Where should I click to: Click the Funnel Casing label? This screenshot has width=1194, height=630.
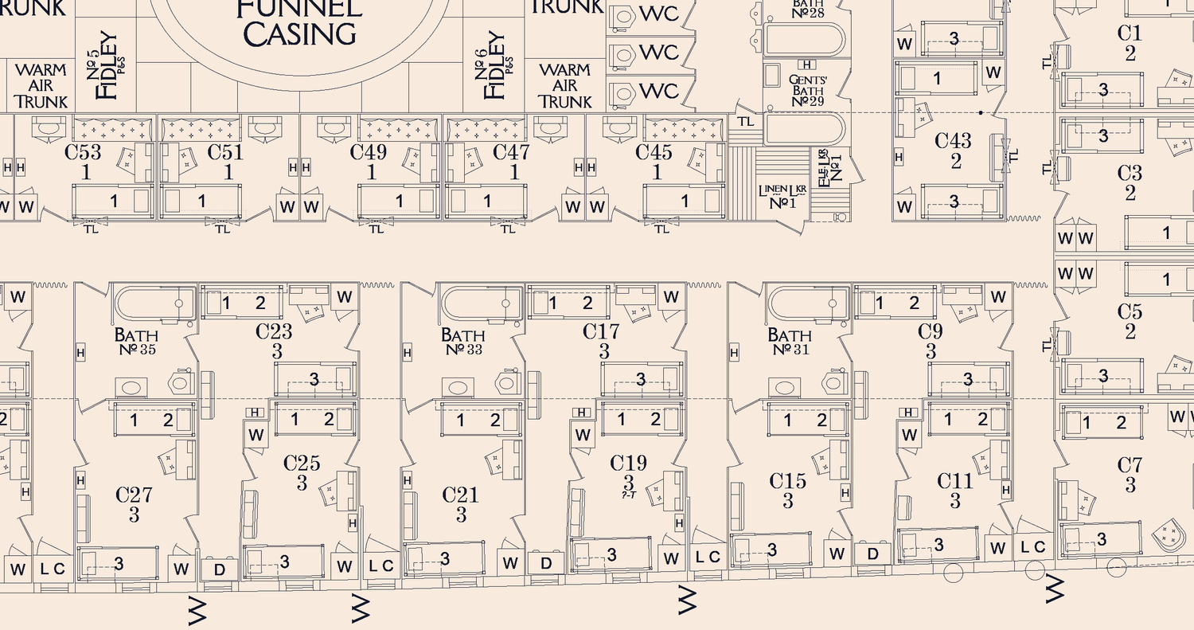[299, 22]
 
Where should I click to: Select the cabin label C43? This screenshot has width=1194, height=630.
[953, 141]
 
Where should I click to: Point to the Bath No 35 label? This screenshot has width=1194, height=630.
[135, 342]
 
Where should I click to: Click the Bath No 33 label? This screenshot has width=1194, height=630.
[462, 342]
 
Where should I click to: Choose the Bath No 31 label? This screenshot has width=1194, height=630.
[789, 342]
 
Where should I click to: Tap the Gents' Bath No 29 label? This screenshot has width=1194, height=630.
[806, 90]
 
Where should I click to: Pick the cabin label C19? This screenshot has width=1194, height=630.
[628, 463]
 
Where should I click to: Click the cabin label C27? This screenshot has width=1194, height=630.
[134, 495]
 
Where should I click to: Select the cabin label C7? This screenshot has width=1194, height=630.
[1130, 465]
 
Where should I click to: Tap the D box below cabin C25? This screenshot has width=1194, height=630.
[220, 569]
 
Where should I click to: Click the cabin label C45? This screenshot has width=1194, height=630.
[656, 152]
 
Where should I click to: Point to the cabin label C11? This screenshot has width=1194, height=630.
[954, 481]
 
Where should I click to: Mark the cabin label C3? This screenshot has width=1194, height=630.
[1130, 173]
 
